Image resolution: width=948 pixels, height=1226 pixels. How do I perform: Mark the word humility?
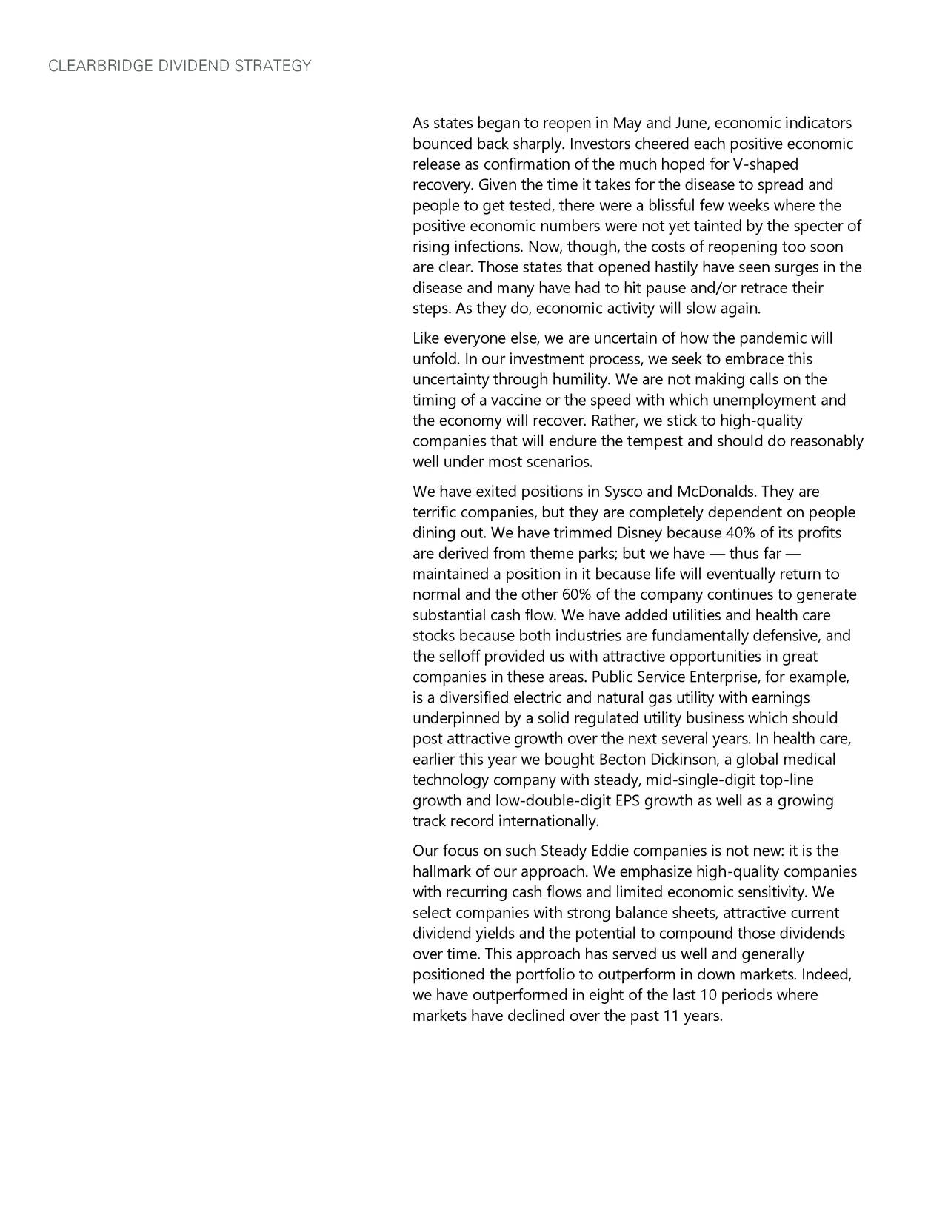point(582,380)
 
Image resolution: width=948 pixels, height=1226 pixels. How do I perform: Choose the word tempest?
point(654,442)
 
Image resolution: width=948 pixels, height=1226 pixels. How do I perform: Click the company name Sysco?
point(624,492)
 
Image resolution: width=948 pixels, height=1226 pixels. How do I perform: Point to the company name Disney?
point(639,534)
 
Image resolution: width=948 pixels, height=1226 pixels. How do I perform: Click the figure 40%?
point(741,534)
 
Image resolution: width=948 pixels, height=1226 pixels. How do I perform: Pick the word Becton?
point(621,760)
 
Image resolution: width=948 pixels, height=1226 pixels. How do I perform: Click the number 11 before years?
point(671,1016)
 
